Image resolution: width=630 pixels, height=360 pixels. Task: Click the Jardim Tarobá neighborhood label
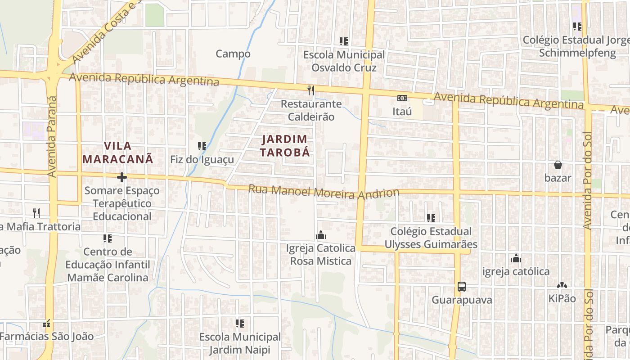click(285, 145)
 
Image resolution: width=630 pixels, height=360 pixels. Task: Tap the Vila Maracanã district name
click(118, 152)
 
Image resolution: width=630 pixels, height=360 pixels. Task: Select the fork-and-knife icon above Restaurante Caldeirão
click(311, 90)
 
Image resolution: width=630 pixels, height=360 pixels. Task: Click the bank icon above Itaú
click(402, 98)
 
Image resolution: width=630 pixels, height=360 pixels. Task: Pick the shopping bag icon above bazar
click(558, 165)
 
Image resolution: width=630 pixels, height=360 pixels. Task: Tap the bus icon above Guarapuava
click(461, 286)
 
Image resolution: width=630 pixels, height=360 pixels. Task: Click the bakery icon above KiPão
click(562, 285)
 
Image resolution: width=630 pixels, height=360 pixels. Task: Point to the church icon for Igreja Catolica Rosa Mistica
click(320, 235)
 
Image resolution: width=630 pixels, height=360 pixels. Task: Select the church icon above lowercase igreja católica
click(516, 258)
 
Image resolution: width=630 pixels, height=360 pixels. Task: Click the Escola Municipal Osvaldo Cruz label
click(344, 61)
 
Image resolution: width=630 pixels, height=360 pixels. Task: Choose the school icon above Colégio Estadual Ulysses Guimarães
click(431, 218)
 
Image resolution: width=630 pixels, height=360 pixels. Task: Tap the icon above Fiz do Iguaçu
click(202, 146)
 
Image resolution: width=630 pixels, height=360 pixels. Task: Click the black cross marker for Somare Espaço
click(121, 177)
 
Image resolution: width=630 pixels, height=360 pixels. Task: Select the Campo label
click(233, 54)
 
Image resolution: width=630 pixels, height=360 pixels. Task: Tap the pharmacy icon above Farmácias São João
click(46, 324)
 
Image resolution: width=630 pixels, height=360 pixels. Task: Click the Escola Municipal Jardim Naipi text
click(240, 343)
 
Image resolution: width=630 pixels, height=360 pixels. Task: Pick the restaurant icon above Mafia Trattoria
click(36, 213)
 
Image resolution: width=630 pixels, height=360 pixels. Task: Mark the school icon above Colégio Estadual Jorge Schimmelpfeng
click(577, 27)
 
